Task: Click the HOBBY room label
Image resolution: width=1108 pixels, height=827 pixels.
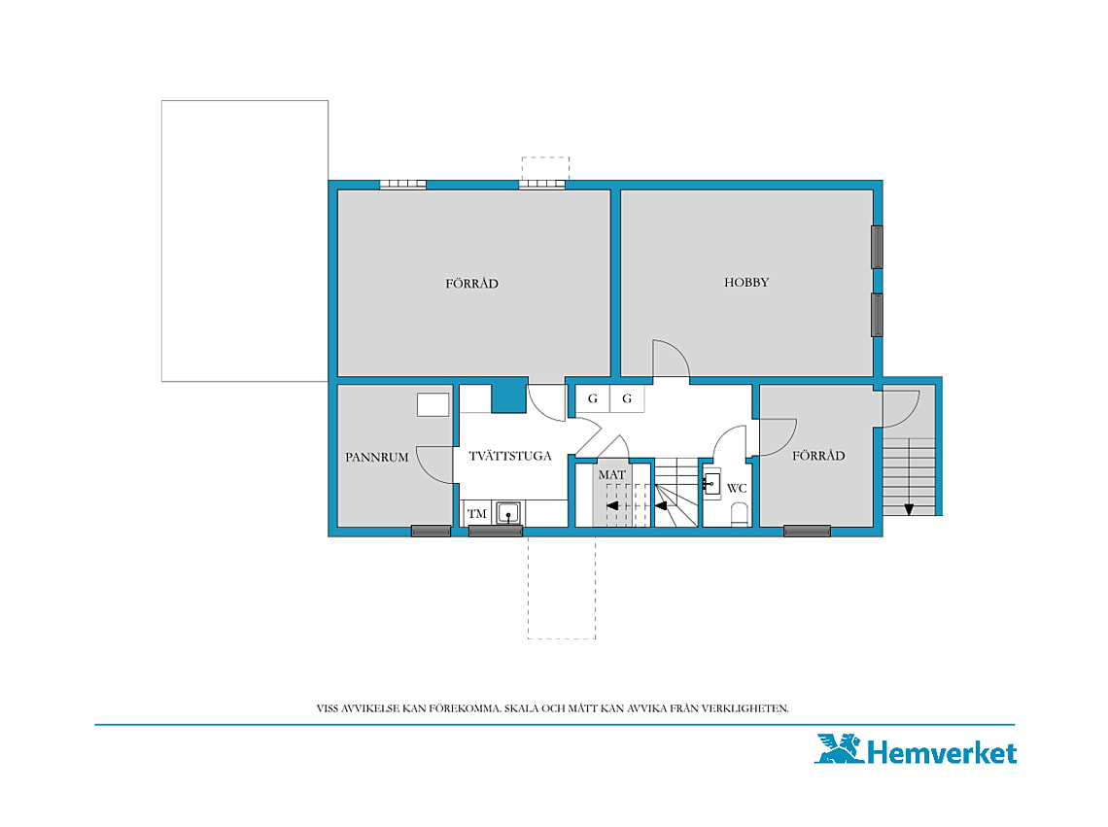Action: coord(746,282)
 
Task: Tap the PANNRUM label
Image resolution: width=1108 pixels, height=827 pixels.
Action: coord(377,458)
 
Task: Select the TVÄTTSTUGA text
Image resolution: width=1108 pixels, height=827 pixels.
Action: coord(510,456)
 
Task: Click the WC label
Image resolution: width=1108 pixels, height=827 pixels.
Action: coord(737,488)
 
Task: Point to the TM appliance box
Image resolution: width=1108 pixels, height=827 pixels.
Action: coord(477,513)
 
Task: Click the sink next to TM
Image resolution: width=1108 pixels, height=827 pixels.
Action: coord(508,512)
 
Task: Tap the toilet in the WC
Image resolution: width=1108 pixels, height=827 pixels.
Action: coord(739,514)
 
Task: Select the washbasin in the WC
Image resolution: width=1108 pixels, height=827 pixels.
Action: coord(710,484)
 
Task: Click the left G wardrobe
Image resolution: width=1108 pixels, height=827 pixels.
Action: coord(593,398)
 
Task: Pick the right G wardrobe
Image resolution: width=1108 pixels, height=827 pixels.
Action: coord(627,398)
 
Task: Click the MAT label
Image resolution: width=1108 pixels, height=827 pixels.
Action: coord(612,475)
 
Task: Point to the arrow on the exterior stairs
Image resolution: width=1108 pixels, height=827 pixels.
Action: coord(909,508)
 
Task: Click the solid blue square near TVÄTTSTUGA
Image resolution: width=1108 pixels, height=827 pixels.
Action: coord(508,396)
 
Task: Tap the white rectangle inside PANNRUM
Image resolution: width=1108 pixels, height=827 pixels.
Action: coord(433,404)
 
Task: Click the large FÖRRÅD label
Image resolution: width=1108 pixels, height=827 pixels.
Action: coord(472,284)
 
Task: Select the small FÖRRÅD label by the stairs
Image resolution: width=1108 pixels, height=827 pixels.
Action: coord(818,456)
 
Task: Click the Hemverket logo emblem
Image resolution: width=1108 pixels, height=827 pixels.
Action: coord(839,748)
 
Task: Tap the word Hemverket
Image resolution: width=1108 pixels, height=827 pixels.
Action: coord(942,752)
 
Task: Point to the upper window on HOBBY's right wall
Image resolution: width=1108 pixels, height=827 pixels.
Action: coord(877,247)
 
